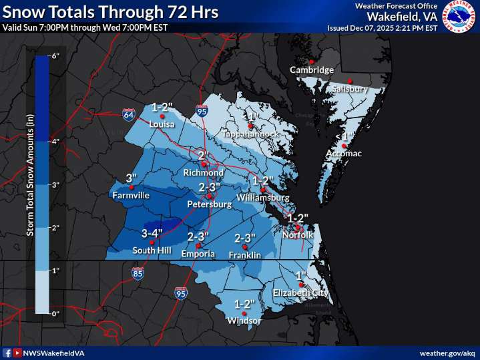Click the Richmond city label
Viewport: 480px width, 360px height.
coord(204,172)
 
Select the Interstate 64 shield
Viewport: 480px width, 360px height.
coord(128,115)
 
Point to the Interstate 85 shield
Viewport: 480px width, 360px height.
coord(138,273)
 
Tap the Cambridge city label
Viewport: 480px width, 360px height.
coord(311,70)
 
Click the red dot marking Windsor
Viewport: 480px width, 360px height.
coord(245,313)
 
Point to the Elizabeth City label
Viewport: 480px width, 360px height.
coord(300,293)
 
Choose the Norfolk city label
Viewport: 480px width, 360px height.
coord(297,234)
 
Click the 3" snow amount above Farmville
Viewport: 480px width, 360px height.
coord(131,178)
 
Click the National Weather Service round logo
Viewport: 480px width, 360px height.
coord(459,17)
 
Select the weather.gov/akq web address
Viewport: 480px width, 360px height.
coord(446,353)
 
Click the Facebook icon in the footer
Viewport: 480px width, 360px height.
coord(7,353)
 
